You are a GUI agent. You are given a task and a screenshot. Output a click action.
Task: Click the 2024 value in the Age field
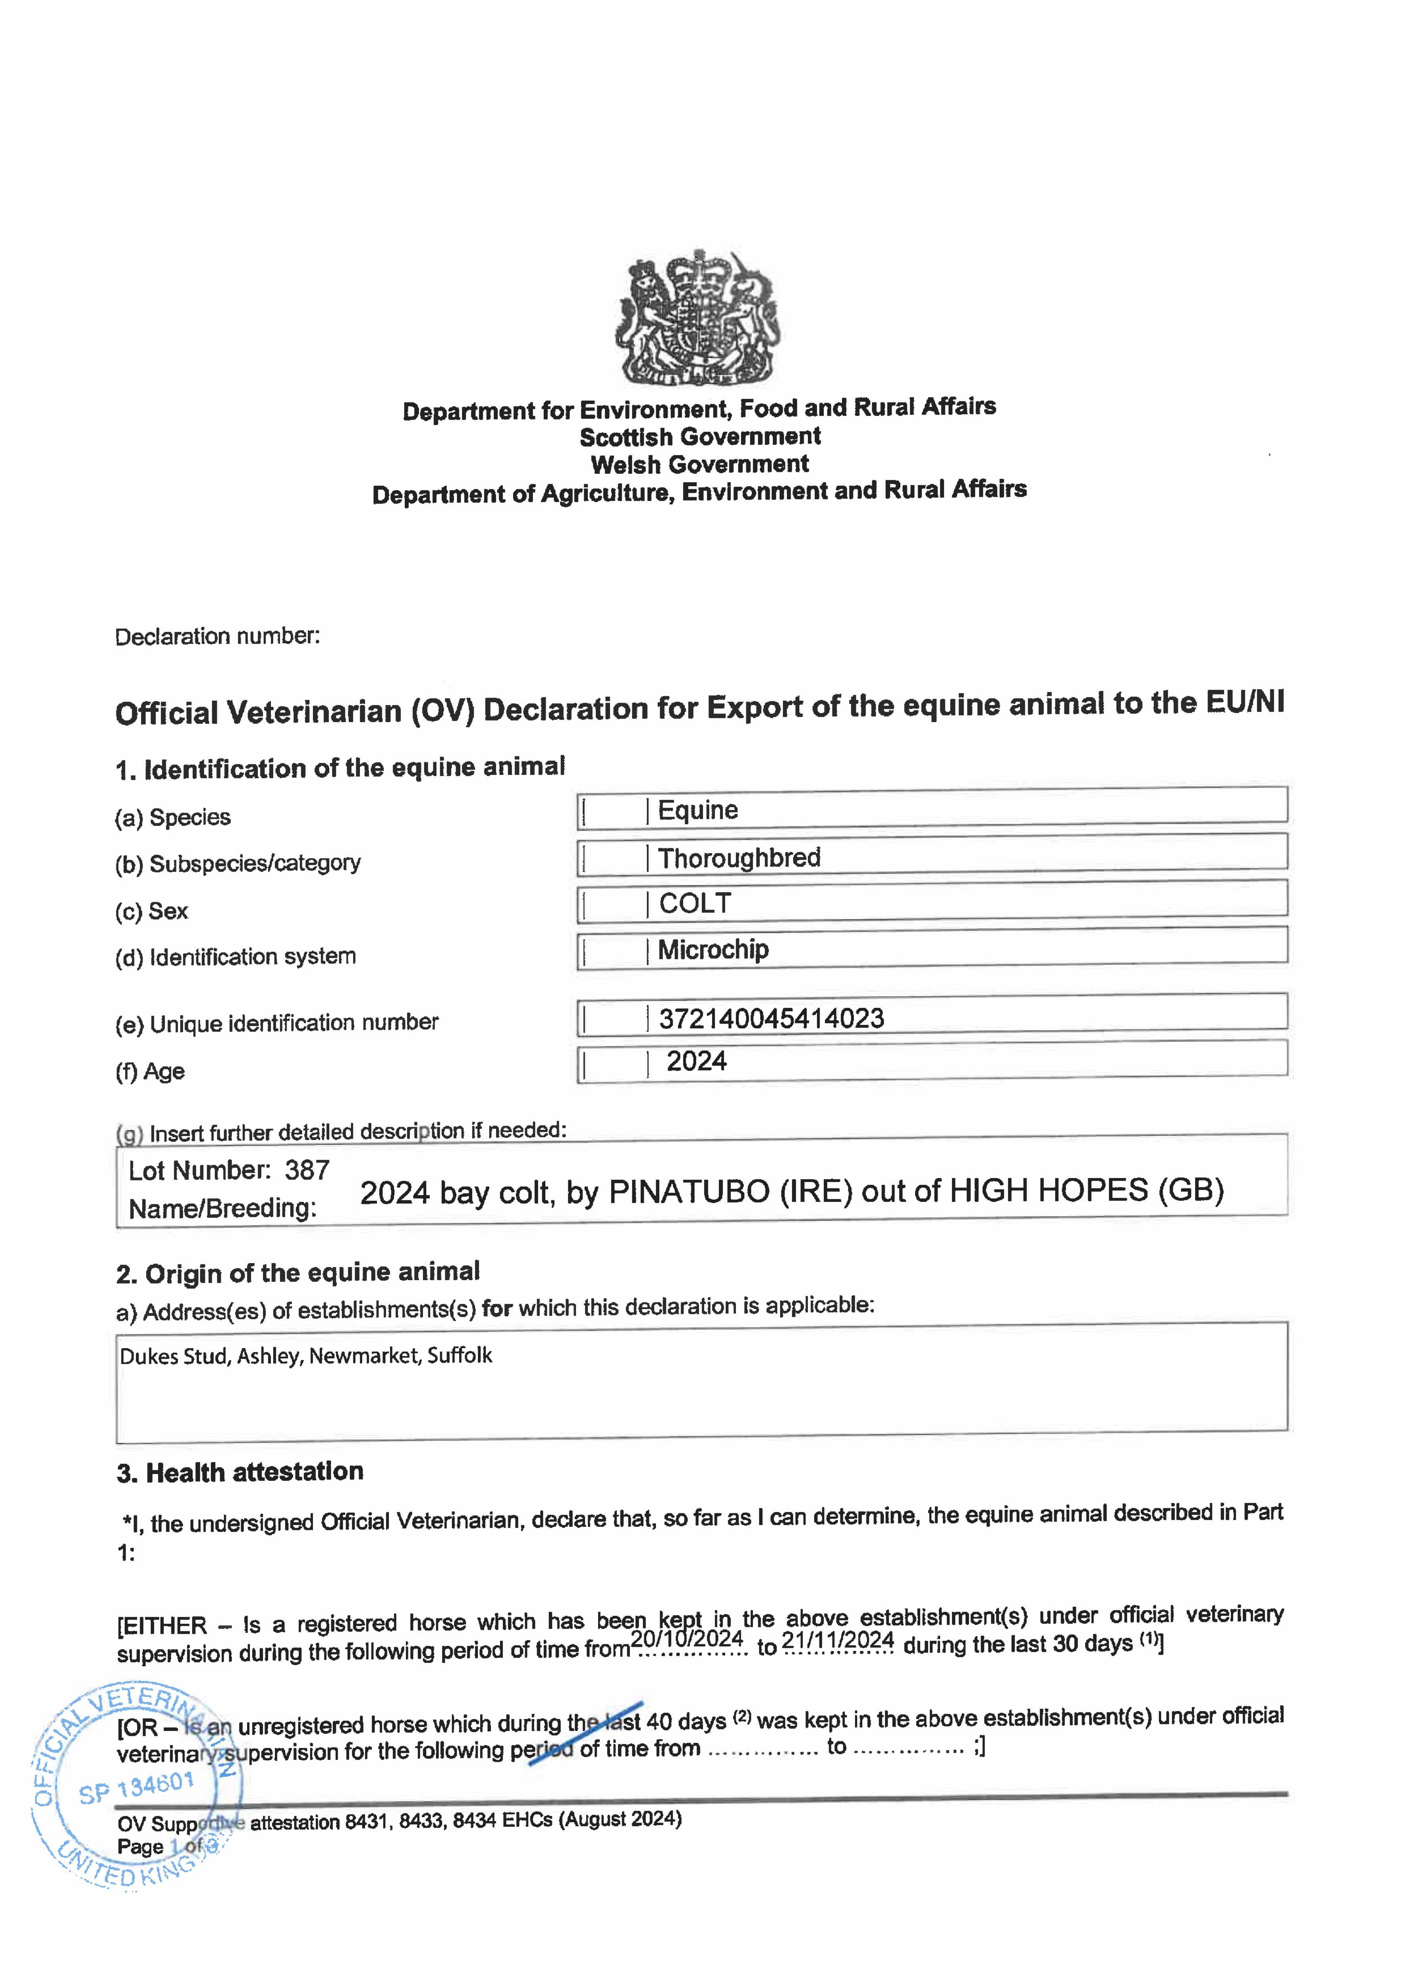coord(696,1061)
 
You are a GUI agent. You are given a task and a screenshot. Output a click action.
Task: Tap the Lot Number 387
coord(307,1170)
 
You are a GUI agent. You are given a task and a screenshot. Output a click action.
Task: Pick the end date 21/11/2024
coord(837,1640)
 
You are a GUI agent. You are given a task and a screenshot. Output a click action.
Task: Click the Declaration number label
coord(217,637)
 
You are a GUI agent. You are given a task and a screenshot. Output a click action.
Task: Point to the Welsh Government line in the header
coord(700,464)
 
